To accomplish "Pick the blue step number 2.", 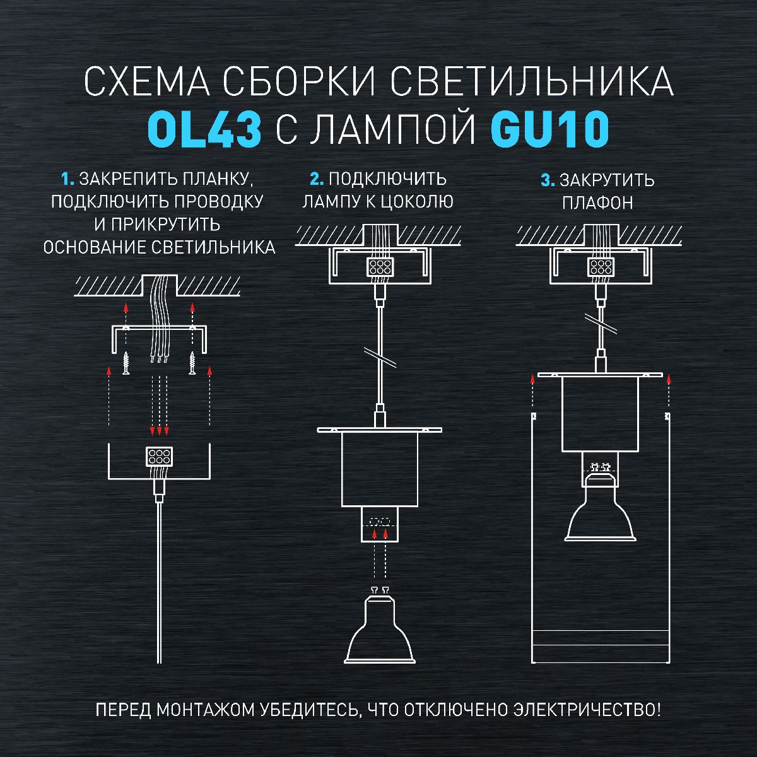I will (x=317, y=179).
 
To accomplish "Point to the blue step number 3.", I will (x=547, y=181).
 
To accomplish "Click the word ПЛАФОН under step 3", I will (x=597, y=203).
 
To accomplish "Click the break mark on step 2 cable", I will (x=379, y=357).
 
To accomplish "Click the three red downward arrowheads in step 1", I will (x=159, y=431).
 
